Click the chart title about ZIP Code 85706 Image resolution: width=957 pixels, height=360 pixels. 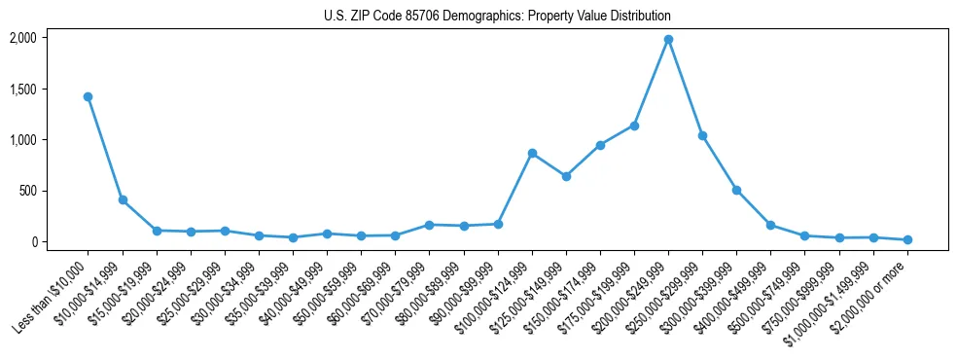[497, 17]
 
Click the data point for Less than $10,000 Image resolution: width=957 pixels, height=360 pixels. [88, 96]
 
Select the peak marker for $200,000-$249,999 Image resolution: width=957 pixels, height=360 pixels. [668, 40]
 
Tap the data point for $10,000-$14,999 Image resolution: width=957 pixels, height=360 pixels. [123, 199]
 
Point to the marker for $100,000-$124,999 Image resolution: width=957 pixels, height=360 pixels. [532, 153]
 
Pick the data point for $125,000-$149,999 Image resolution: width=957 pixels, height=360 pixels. [566, 176]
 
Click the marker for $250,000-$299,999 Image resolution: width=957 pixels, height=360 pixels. [702, 135]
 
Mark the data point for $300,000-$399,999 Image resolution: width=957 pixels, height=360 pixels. [736, 190]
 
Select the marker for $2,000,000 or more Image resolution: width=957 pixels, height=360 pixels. [907, 239]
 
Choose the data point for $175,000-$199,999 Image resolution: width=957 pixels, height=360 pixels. [634, 126]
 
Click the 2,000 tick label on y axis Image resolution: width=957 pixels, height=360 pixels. [22, 38]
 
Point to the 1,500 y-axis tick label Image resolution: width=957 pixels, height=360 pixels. [22, 90]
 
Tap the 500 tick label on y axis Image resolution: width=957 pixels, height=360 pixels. [28, 191]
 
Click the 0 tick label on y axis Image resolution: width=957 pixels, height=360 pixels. [34, 242]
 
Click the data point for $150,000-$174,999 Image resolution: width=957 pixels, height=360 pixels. [600, 145]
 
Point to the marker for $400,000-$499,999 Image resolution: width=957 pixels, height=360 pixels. [770, 225]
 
